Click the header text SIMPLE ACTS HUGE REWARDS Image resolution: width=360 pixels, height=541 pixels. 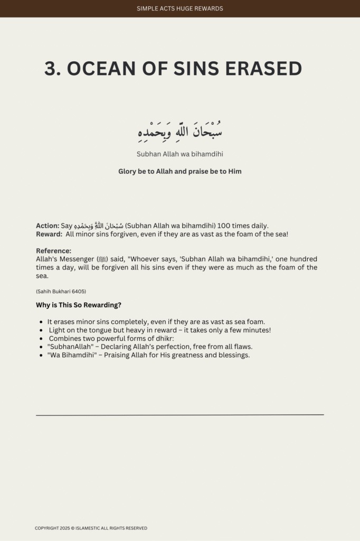(179, 8)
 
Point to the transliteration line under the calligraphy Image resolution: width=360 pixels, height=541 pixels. (179, 154)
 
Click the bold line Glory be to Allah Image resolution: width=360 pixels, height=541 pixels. (179, 172)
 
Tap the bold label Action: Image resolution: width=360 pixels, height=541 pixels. (48, 226)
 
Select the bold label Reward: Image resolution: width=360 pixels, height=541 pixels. (49, 234)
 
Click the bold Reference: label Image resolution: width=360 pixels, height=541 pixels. (53, 250)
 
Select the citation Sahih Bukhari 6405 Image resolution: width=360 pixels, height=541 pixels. (61, 292)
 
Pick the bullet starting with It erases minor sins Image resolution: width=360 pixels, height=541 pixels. (156, 322)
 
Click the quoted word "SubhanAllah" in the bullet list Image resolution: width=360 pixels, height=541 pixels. (67, 347)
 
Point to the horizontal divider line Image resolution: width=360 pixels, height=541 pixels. (179, 415)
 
